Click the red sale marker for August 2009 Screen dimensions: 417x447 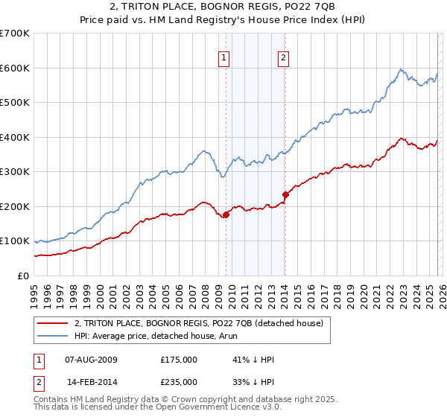(226, 215)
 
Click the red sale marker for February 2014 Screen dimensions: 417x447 (285, 194)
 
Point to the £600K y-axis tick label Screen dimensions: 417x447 (15, 68)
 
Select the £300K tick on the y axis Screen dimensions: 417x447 (15, 172)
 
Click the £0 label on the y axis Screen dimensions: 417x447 (24, 276)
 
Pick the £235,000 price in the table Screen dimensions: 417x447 (178, 381)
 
